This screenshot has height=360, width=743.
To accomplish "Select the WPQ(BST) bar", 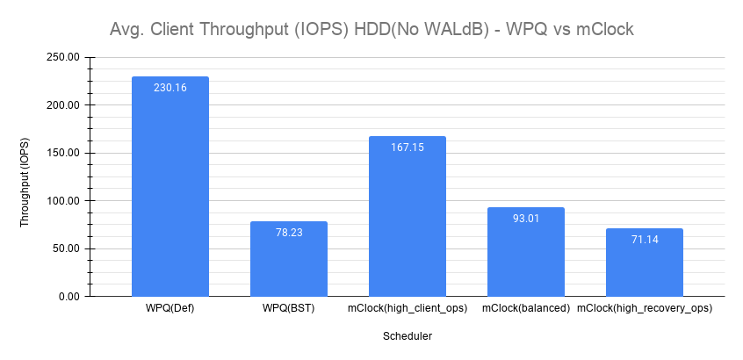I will [289, 259].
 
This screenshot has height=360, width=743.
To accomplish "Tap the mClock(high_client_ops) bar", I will [408, 216].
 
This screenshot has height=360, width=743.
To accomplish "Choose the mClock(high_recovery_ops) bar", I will [645, 263].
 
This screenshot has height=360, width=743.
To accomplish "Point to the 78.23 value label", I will [289, 233].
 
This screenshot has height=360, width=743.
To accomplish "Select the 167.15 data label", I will [408, 148].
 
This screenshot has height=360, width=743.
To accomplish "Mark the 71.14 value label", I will [645, 240].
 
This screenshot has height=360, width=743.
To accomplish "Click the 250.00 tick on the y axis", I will [61, 57].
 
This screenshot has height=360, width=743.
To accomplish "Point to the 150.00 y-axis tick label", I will [61, 153].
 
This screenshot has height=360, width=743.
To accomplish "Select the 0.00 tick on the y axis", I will [69, 297].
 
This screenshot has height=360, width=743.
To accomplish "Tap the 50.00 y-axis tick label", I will [64, 248].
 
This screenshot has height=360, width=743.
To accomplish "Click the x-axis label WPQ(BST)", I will [289, 309].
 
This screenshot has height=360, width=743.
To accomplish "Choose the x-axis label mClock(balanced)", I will [526, 309].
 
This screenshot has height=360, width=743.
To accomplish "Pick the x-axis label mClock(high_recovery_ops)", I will [645, 309].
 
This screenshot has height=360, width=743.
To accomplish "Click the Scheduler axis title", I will [408, 335].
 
